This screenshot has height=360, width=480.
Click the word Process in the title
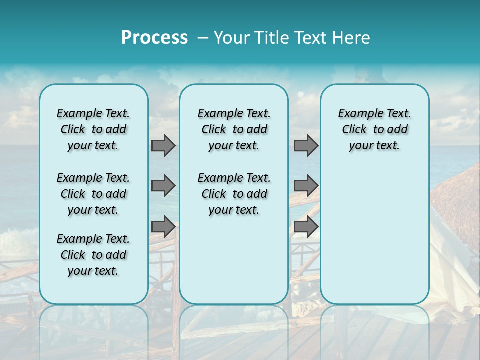click(154, 38)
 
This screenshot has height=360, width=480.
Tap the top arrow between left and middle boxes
click(163, 146)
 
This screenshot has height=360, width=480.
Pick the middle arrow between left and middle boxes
click(163, 186)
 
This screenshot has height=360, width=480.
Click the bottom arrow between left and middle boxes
click(163, 226)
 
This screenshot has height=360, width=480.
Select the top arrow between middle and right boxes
click(306, 146)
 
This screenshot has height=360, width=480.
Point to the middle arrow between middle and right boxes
click(306, 186)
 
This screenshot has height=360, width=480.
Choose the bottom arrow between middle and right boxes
click(306, 226)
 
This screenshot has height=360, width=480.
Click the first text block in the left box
click(93, 129)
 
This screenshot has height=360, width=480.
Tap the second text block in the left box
click(93, 194)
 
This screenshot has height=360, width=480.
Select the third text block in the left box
click(93, 255)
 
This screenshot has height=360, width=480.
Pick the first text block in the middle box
click(234, 129)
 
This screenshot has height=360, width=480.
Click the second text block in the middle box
click(234, 194)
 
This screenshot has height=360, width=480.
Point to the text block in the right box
click(374, 129)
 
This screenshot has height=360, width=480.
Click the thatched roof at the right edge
click(457, 200)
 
